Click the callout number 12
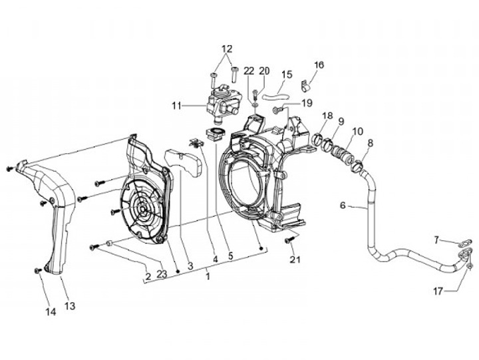(x=227, y=49)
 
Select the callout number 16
(x=319, y=65)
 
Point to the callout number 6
(x=343, y=206)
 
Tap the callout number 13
(x=70, y=306)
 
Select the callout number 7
(x=436, y=240)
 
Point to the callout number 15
(x=287, y=74)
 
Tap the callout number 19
(x=307, y=103)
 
